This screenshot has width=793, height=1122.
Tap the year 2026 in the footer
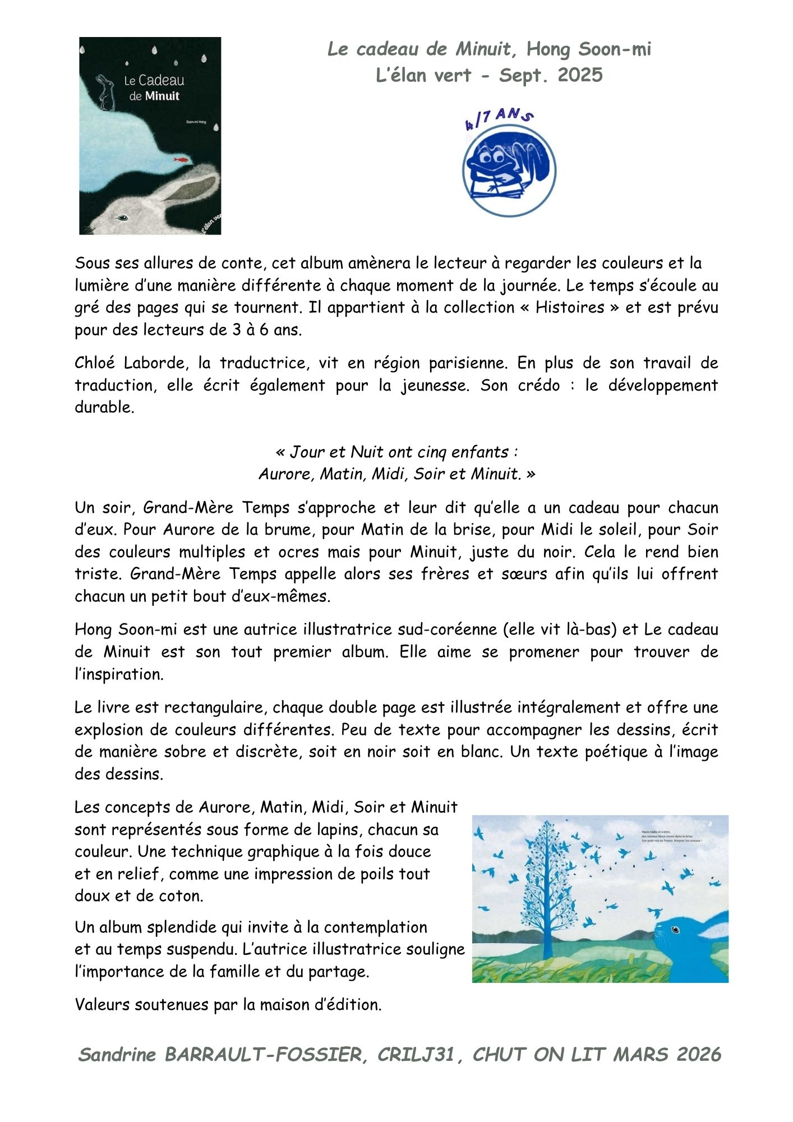click(698, 1055)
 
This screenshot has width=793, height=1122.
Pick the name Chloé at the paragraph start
click(94, 363)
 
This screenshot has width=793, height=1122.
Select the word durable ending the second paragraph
click(104, 407)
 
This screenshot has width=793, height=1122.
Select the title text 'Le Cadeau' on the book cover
click(154, 81)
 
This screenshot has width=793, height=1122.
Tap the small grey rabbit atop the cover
click(104, 91)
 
